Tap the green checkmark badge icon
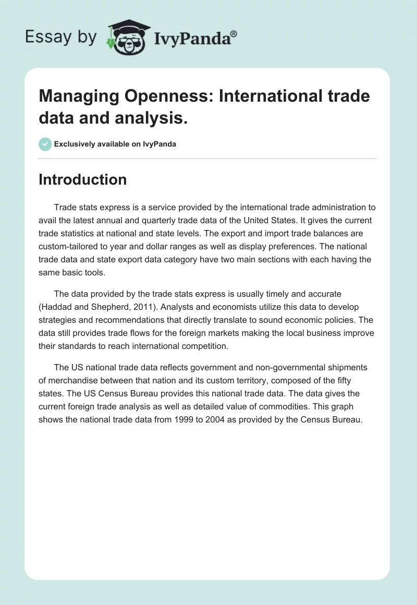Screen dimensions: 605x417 click(x=45, y=144)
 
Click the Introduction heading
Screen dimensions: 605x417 click(x=83, y=179)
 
